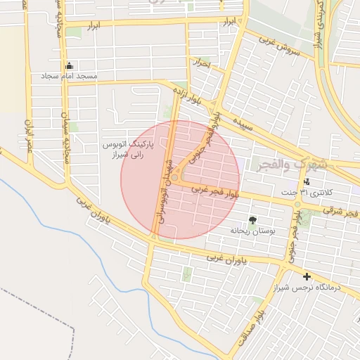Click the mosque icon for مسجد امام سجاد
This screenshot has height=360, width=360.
point(69,65)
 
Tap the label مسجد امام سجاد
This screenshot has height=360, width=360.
point(69,75)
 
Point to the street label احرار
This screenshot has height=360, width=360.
point(203,63)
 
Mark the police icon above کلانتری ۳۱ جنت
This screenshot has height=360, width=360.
point(307,182)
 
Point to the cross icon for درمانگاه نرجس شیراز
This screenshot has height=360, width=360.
point(307,276)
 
